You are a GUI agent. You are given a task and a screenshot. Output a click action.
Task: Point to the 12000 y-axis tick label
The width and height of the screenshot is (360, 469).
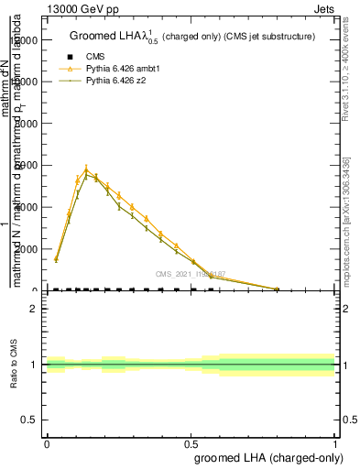(24, 40)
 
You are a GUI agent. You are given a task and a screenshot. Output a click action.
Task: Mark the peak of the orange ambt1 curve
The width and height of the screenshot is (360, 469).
(86, 169)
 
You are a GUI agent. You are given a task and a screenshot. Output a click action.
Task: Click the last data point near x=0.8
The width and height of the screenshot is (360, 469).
(277, 289)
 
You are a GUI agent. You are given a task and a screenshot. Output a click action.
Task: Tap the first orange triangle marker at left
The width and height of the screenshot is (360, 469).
(56, 259)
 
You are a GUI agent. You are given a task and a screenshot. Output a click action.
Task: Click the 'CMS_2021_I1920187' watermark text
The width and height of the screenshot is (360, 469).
(190, 273)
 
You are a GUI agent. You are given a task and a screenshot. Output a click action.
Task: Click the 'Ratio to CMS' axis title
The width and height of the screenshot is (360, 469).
(14, 365)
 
